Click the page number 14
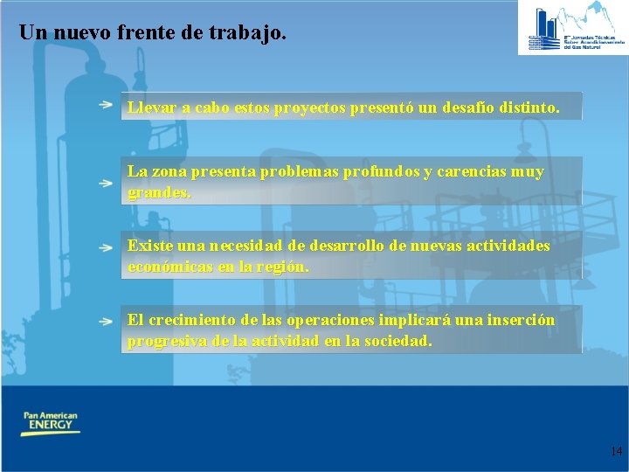pos(616,452)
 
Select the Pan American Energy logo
pos(51,423)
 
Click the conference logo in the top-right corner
pos(572,28)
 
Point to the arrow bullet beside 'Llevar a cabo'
pos(105,104)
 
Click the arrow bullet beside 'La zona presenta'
pos(105,184)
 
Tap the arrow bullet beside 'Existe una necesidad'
pos(105,246)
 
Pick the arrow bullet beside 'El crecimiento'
pos(105,322)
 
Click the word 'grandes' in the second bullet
pos(158,192)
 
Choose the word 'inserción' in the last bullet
pos(519,320)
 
